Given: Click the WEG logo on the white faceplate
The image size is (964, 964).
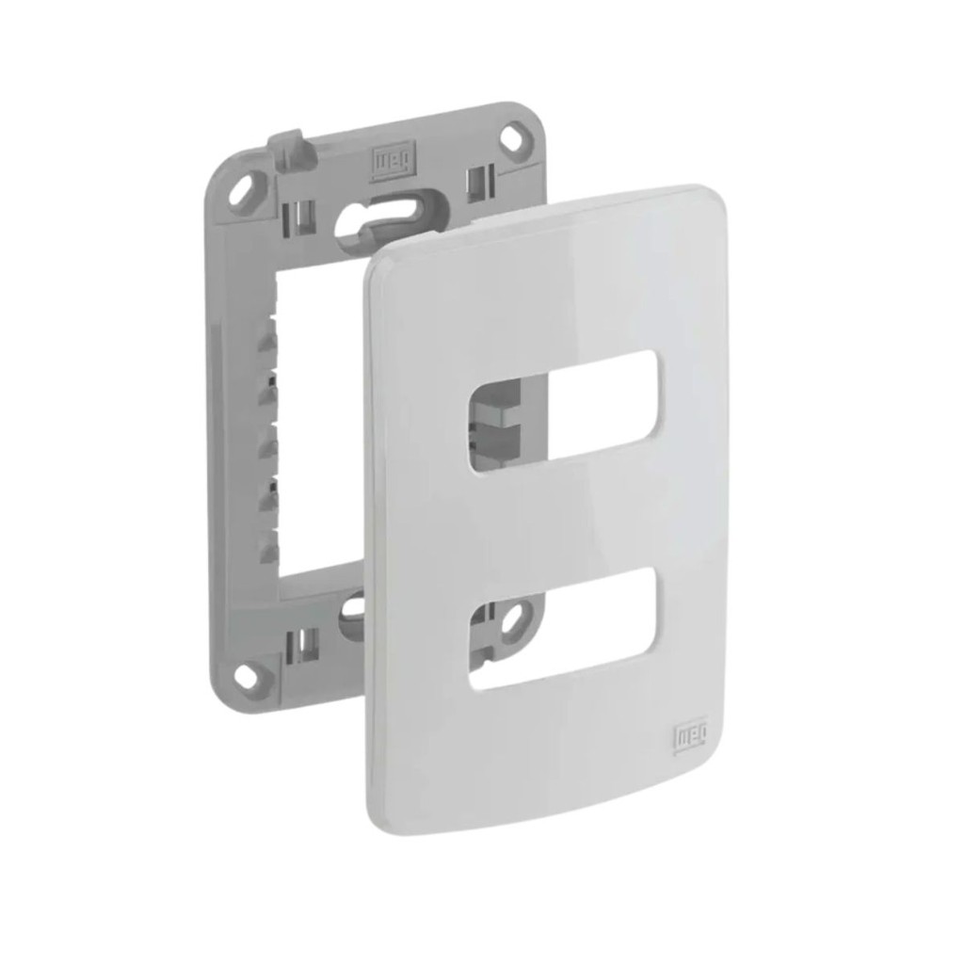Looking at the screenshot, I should pyautogui.click(x=691, y=737).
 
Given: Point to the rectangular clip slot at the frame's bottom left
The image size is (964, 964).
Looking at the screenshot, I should pyautogui.click(x=304, y=643).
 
